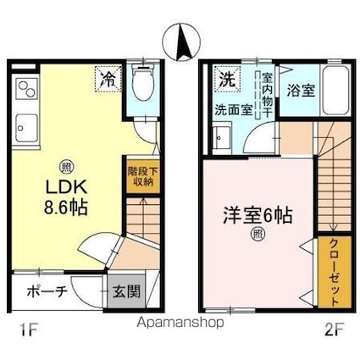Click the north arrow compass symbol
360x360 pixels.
pyautogui.click(x=181, y=42)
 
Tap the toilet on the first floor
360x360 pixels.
pyautogui.click(x=142, y=82)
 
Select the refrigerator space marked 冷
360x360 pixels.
pyautogui.click(x=108, y=79)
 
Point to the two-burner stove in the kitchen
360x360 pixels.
pyautogui.click(x=27, y=88)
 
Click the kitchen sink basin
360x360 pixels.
pyautogui.click(x=26, y=128)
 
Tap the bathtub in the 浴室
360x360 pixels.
pyautogui.click(x=335, y=90)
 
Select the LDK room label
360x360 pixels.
pyautogui.click(x=66, y=187)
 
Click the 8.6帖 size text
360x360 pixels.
pyautogui.click(x=65, y=208)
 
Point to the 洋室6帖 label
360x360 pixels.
pyautogui.click(x=258, y=215)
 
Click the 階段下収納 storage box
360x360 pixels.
pyautogui.click(x=143, y=176)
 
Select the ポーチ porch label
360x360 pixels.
pyautogui.click(x=47, y=292)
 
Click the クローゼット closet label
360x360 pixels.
pyautogui.click(x=335, y=274)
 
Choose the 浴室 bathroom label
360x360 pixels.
pyautogui.click(x=301, y=91)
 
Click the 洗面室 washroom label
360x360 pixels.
pyautogui.click(x=234, y=110)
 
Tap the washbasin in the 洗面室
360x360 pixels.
pyautogui.click(x=222, y=138)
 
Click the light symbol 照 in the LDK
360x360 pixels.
pyautogui.click(x=66, y=168)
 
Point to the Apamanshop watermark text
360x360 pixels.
pyautogui.click(x=180, y=322)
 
